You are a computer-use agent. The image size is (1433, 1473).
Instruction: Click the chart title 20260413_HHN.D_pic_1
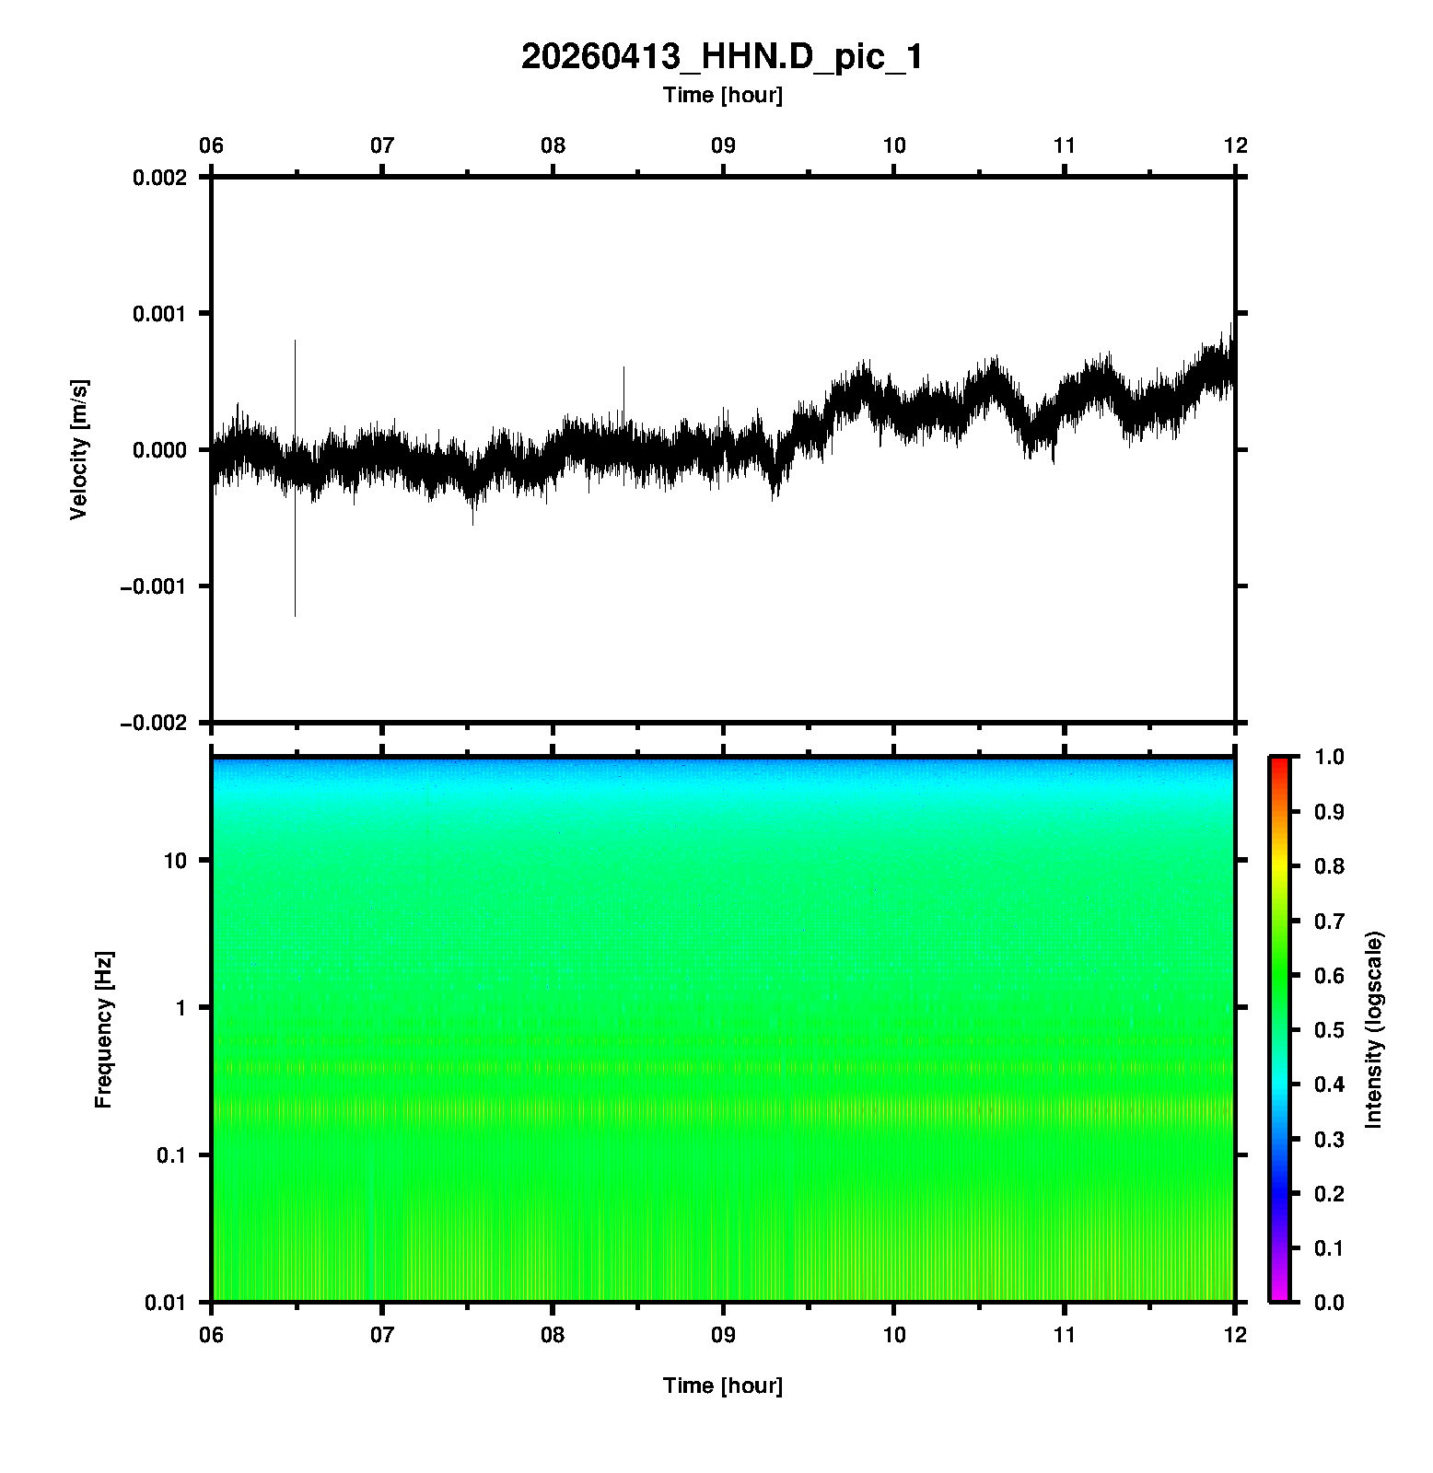[x=722, y=57]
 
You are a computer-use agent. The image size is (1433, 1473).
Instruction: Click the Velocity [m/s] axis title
[x=80, y=449]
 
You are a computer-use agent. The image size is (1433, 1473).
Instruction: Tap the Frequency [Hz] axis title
[x=103, y=1030]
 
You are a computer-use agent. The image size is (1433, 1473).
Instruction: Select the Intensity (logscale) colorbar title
[x=1374, y=1030]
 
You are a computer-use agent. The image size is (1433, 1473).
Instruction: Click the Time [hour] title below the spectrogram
[x=722, y=1386]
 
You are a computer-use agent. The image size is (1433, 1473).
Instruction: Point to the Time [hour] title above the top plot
[x=722, y=95]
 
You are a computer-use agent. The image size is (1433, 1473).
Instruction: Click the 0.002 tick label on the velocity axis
[x=159, y=178]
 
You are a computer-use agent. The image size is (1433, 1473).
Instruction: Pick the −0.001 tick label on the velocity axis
[x=153, y=586]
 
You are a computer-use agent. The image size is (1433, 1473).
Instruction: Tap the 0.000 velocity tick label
[x=159, y=450]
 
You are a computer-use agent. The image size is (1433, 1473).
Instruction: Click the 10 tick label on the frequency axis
[x=175, y=861]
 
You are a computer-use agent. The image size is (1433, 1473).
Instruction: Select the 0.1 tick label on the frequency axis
[x=170, y=1155]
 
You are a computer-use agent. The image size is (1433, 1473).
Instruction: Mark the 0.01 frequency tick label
[x=166, y=1302]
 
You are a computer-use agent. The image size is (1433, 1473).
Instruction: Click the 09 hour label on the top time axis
[x=723, y=145]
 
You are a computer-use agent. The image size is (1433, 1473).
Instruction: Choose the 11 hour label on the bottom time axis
[x=1065, y=1335]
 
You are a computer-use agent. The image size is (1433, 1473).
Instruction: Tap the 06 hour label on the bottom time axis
[x=212, y=1335]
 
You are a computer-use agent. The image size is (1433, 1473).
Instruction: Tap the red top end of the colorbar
[x=1278, y=762]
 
